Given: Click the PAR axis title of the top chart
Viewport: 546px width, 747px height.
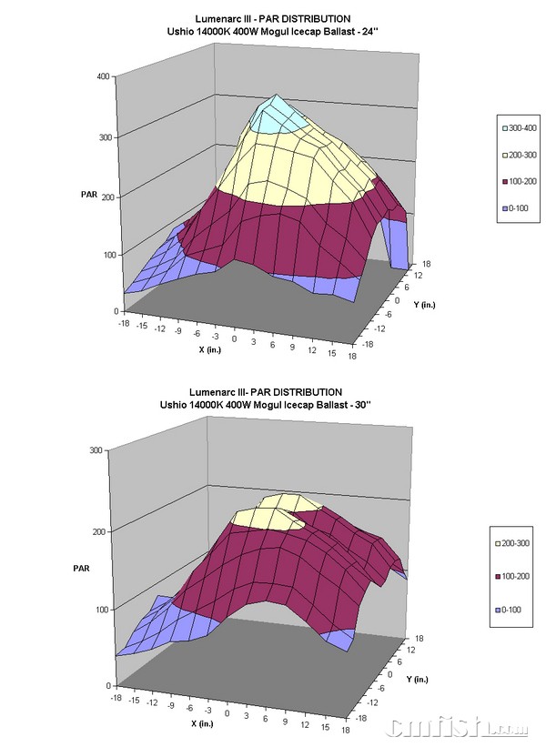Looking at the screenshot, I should pyautogui.click(x=88, y=194).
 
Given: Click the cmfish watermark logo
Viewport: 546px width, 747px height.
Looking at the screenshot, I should pyautogui.click(x=460, y=728).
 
